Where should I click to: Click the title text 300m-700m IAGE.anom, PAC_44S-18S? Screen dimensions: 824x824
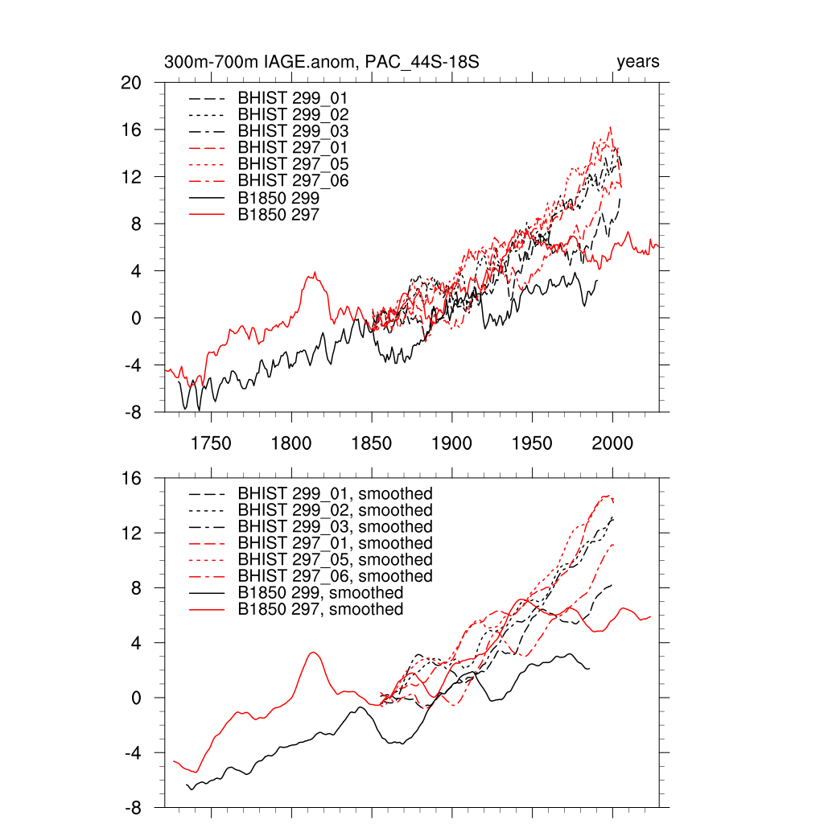[x=322, y=62]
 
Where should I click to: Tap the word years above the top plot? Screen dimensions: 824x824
[x=638, y=62]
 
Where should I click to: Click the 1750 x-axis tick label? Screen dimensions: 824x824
[x=211, y=444]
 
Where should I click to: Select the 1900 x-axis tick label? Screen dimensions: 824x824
[x=451, y=444]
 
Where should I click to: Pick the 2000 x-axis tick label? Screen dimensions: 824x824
[x=612, y=444]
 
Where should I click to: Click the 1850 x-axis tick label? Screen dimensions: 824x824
[x=371, y=444]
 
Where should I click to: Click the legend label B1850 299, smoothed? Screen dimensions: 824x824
[x=320, y=593]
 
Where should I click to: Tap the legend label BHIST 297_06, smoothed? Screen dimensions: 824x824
[x=335, y=576]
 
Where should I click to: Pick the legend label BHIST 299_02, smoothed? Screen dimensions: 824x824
[x=335, y=510]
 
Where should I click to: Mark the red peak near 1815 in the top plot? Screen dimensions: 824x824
[x=315, y=273]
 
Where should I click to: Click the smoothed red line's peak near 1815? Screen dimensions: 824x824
[x=314, y=652]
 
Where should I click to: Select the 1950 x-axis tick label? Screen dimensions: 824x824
[x=532, y=444]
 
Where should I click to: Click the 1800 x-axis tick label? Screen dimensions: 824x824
[x=290, y=444]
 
